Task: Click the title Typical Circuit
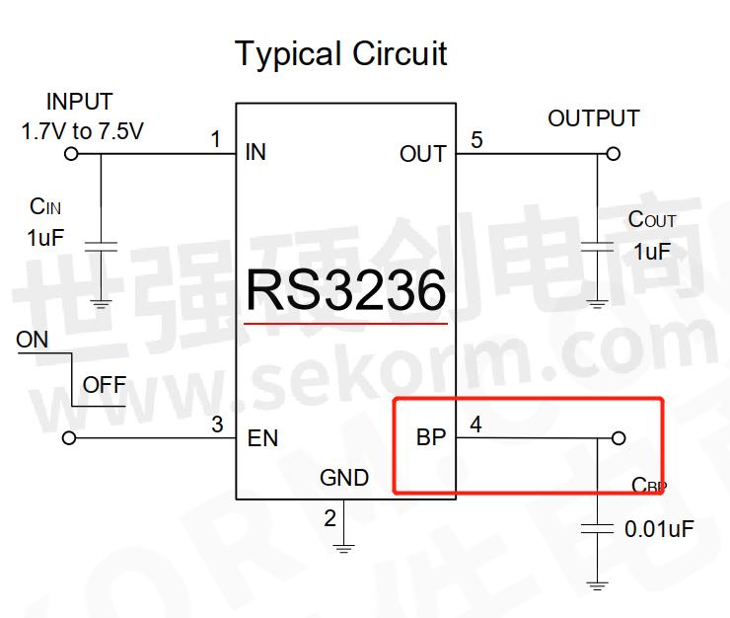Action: [x=340, y=53]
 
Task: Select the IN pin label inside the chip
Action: [x=255, y=152]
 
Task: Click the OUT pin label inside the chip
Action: [x=422, y=154]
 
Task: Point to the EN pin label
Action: [x=262, y=438]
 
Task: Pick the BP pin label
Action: [x=431, y=437]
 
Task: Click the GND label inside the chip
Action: [x=344, y=478]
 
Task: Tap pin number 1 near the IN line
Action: [x=216, y=139]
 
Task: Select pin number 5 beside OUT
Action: [x=476, y=140]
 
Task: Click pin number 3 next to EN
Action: [x=217, y=425]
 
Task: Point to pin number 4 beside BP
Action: [x=476, y=425]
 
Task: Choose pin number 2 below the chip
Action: [x=329, y=517]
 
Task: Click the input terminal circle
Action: [x=70, y=154]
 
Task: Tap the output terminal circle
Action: [x=614, y=154]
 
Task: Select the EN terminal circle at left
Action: [x=69, y=438]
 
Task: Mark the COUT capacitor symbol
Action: [x=597, y=245]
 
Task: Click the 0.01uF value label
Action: [x=659, y=529]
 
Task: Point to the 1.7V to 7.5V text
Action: [x=83, y=129]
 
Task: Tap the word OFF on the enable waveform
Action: [x=104, y=384]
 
